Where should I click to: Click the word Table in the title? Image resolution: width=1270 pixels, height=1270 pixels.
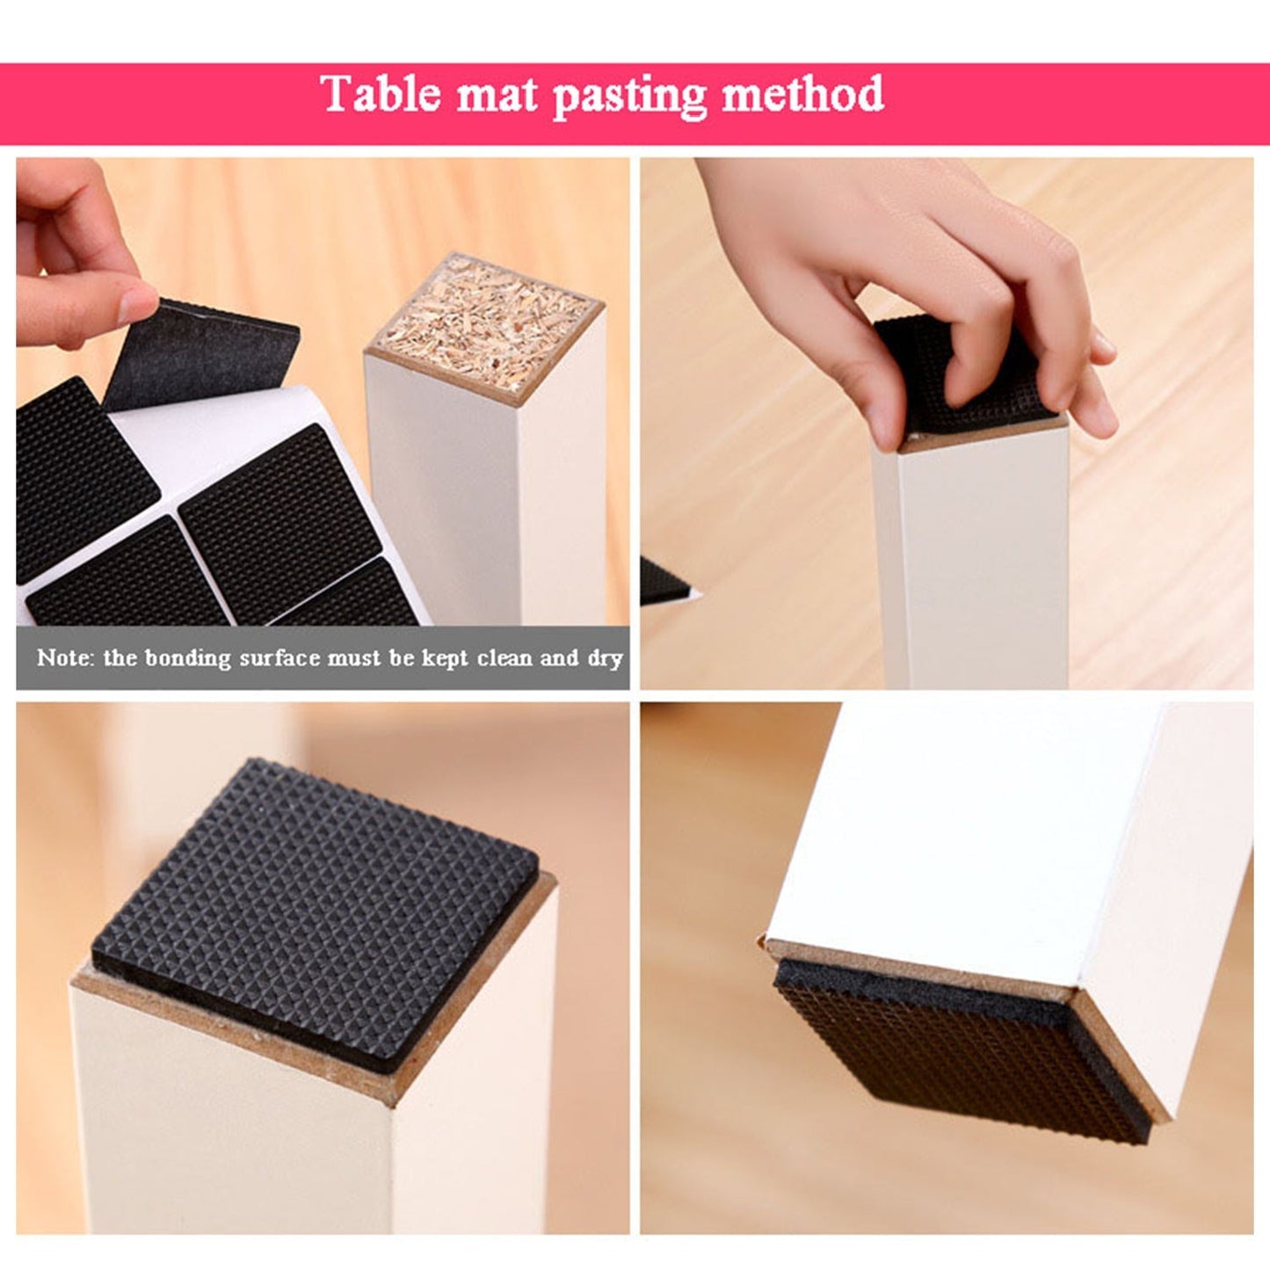381,93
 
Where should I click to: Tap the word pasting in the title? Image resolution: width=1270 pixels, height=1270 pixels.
629,95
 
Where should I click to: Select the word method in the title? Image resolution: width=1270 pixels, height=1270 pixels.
802,93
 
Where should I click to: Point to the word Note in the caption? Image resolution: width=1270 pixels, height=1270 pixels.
62,657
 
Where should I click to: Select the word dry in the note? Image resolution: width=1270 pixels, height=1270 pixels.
605,658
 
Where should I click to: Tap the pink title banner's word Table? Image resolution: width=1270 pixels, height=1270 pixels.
381,93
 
